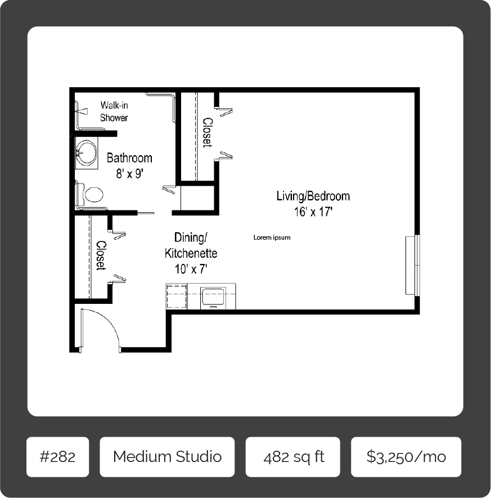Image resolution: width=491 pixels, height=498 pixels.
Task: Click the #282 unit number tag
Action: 57,456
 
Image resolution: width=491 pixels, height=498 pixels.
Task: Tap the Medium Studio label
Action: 167,456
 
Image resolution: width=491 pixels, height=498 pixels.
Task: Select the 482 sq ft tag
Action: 293,456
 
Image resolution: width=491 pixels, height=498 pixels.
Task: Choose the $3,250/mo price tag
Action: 406,456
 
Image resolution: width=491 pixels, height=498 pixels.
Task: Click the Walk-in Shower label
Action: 114,111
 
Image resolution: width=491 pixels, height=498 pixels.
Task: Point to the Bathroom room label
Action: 129,158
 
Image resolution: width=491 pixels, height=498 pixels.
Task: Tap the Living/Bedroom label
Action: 313,196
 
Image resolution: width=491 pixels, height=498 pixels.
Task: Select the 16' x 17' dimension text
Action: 313,212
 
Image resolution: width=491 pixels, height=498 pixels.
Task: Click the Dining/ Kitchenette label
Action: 191,245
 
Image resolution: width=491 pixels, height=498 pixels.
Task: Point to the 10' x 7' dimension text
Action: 191,270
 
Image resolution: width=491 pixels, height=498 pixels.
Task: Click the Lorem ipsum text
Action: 272,237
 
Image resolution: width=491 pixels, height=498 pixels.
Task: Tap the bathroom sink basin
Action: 87,152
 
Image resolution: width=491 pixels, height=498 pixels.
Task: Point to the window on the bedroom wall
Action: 413,264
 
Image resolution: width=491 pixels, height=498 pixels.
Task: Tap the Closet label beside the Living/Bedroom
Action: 207,133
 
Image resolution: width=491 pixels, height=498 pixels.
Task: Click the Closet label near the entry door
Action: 101,255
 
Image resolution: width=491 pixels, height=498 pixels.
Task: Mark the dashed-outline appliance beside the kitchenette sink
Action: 177,296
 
